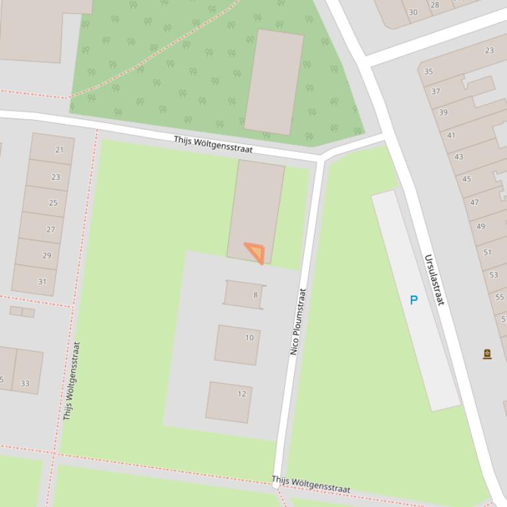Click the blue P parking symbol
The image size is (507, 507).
[414, 300]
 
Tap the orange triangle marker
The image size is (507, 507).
[256, 252]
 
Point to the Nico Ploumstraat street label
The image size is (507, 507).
[299, 321]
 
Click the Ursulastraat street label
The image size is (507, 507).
[434, 280]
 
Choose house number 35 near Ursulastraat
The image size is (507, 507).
[429, 71]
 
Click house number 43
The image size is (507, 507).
[459, 157]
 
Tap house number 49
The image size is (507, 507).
[481, 226]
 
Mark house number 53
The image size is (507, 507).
[494, 275]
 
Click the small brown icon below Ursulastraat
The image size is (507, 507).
[487, 354]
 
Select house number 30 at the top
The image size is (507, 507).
[413, 12]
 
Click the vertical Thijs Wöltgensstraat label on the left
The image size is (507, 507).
[71, 381]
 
